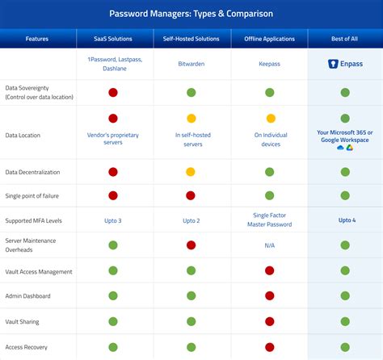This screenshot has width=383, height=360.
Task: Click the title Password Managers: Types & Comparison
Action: tap(191, 14)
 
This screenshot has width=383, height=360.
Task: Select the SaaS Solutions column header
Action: tap(113, 38)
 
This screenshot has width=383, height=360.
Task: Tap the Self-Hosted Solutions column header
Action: tap(191, 38)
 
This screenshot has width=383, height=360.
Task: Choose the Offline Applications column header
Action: tap(269, 38)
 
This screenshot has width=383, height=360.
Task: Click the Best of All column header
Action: tap(344, 38)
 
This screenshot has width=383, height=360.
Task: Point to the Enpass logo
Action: tap(345, 63)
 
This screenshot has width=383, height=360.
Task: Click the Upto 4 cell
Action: tap(345, 220)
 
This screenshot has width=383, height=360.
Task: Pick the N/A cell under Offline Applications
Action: tap(269, 245)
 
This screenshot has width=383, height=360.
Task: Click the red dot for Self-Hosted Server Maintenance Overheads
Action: tap(191, 245)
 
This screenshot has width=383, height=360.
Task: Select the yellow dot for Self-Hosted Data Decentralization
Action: tap(191, 172)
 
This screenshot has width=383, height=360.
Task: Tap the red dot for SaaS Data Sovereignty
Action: tap(113, 93)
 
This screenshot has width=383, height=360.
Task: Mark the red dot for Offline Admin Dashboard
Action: tap(269, 296)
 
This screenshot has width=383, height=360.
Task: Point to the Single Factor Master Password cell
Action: tap(269, 220)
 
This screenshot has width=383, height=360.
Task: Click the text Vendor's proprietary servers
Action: tap(113, 139)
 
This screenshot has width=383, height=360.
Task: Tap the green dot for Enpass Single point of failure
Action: tap(345, 195)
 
